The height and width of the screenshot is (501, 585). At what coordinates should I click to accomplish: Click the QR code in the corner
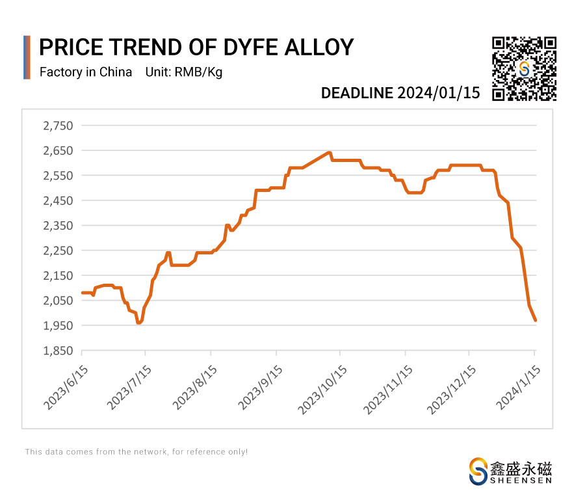(525, 69)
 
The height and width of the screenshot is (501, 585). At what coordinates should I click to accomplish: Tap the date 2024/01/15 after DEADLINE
(439, 93)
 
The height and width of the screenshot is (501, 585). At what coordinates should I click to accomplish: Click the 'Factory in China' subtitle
(86, 72)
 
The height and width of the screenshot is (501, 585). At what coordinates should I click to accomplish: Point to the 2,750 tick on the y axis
(58, 126)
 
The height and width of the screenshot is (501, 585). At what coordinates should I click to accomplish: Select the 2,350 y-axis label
(58, 226)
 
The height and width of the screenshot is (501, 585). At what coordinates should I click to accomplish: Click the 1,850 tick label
(58, 351)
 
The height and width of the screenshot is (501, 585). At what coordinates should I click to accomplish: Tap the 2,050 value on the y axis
(58, 301)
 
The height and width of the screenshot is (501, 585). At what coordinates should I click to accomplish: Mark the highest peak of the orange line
(330, 152)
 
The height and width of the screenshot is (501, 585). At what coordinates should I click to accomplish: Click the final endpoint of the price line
(535, 321)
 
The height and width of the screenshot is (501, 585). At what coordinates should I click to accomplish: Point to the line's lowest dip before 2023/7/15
(138, 323)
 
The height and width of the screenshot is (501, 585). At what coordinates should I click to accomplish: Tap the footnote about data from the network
(136, 452)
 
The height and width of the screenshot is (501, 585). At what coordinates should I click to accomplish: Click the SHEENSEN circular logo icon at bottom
(478, 470)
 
